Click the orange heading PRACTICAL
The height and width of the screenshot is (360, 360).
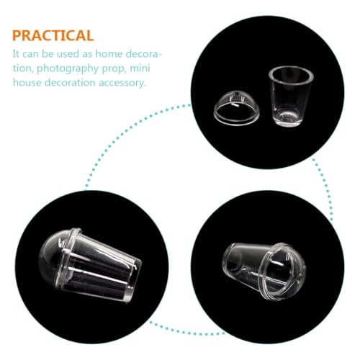(x=52, y=35)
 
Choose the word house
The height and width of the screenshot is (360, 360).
(x=27, y=82)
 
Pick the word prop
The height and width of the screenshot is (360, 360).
(x=110, y=68)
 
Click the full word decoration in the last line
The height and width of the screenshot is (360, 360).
(x=70, y=82)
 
